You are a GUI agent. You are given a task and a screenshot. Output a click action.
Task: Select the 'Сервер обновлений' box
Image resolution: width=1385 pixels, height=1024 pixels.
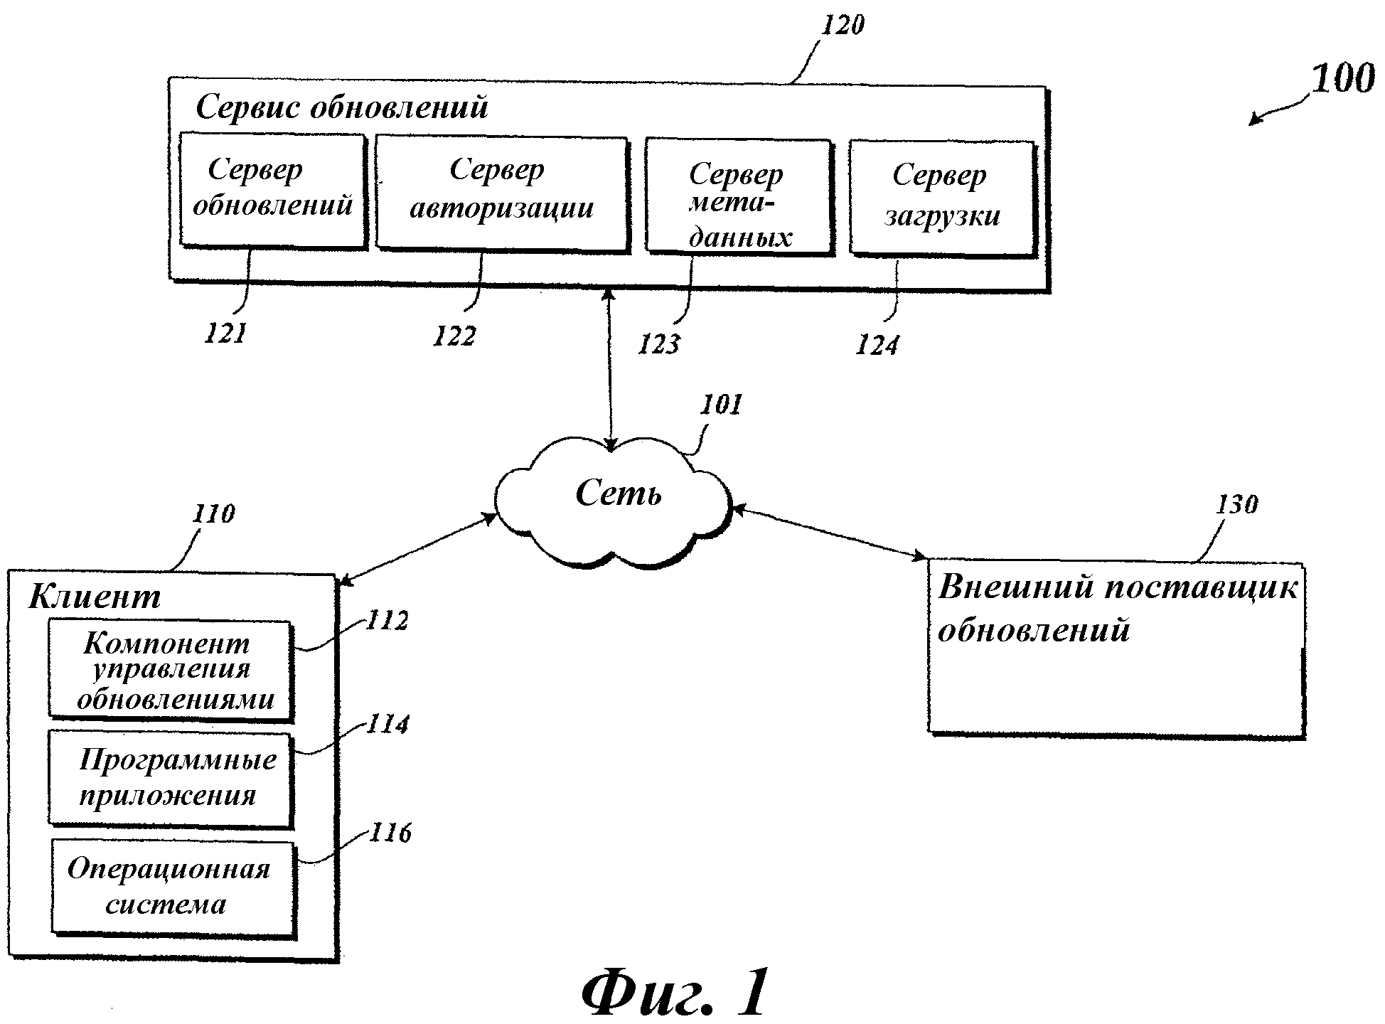pyautogui.click(x=272, y=190)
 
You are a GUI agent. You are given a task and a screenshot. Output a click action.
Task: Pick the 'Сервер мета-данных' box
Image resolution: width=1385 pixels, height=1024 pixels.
pyautogui.click(x=738, y=196)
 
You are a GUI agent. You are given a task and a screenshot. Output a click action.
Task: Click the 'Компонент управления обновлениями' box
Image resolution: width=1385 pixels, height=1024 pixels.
pyautogui.click(x=170, y=669)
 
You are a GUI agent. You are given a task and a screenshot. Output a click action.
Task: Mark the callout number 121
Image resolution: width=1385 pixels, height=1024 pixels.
pyautogui.click(x=225, y=333)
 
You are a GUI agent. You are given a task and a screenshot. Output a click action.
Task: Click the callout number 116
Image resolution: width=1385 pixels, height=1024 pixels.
pyautogui.click(x=390, y=833)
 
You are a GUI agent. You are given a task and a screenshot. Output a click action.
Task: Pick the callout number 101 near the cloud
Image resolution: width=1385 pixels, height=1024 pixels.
pyautogui.click(x=722, y=405)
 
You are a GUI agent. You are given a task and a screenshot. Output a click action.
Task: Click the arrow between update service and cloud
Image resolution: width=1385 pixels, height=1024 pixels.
pyautogui.click(x=609, y=370)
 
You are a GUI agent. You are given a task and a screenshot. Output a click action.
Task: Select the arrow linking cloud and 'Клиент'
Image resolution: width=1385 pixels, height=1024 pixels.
pyautogui.click(x=418, y=549)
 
